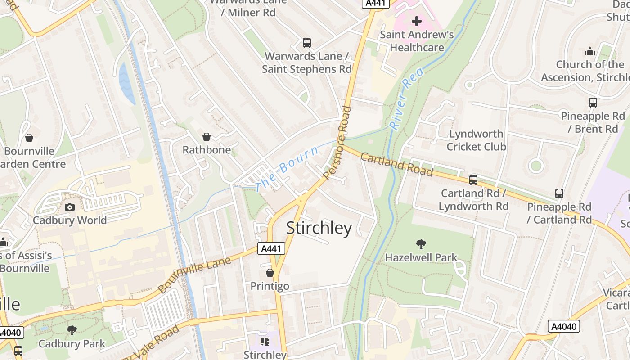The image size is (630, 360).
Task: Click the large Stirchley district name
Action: tap(319, 228)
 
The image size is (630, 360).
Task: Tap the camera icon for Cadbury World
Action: tap(70, 207)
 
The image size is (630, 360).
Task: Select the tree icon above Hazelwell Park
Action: tap(421, 244)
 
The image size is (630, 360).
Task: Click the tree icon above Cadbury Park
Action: tap(72, 331)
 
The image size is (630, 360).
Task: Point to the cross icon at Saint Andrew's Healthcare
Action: tap(417, 21)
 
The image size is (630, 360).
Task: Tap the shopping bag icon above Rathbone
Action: tap(207, 136)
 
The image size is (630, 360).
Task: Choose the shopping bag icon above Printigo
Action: tap(270, 273)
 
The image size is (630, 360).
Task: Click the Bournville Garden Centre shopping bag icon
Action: tap(29, 138)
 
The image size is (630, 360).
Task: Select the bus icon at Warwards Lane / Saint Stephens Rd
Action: tap(307, 43)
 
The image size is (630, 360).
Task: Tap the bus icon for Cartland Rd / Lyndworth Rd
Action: tap(473, 180)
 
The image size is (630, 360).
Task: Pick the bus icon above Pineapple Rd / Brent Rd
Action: tap(593, 103)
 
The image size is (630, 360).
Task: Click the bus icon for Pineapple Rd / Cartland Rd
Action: tap(559, 193)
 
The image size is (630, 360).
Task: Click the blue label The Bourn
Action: tap(287, 169)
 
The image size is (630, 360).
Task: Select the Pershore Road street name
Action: tap(337, 143)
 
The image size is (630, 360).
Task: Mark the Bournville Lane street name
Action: tap(194, 274)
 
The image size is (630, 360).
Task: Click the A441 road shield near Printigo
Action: tap(271, 248)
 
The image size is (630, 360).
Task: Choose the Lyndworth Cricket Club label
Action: tap(477, 140)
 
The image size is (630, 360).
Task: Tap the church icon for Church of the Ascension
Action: tap(590, 51)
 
